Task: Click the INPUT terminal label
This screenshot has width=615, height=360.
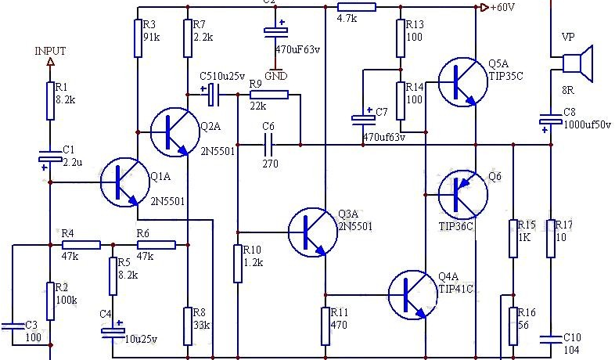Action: pyautogui.click(x=50, y=51)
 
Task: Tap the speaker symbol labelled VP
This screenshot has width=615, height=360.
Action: pyautogui.click(x=577, y=63)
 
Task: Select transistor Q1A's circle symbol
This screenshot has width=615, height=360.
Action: pyautogui.click(x=125, y=182)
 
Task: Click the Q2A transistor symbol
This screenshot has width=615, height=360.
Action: pyautogui.click(x=175, y=132)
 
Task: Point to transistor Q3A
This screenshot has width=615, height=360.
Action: pyautogui.click(x=313, y=232)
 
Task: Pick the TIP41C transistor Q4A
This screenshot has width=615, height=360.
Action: pyautogui.click(x=413, y=294)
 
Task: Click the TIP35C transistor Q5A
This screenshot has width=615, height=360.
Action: pyautogui.click(x=463, y=82)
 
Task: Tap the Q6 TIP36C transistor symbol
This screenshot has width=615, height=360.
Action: pyautogui.click(x=463, y=195)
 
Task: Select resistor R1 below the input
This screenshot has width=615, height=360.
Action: pyautogui.click(x=50, y=101)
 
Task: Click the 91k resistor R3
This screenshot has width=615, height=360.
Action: pyautogui.click(x=138, y=38)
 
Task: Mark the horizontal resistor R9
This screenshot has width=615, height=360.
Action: pyautogui.click(x=269, y=95)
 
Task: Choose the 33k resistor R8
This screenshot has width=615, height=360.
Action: pyautogui.click(x=188, y=326)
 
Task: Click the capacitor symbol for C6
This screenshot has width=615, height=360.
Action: pyautogui.click(x=268, y=145)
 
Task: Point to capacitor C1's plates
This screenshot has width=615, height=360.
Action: pyautogui.click(x=50, y=157)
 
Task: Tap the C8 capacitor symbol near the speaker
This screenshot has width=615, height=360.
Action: pyautogui.click(x=551, y=119)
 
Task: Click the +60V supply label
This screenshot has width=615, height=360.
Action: pyautogui.click(x=502, y=7)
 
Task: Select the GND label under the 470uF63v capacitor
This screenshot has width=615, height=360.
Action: pyautogui.click(x=275, y=76)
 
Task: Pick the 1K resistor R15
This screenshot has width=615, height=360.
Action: pyautogui.click(x=513, y=239)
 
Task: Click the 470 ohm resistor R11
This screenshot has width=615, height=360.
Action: pyautogui.click(x=325, y=326)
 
